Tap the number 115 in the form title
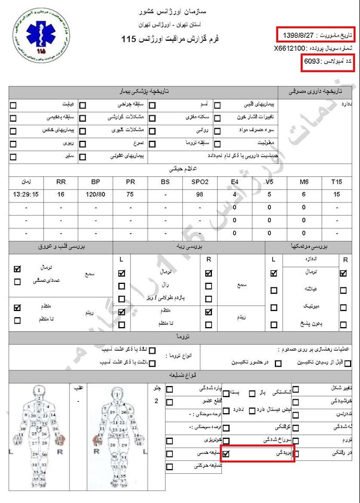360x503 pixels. click(x=128, y=39)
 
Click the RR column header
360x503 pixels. click(x=61, y=182)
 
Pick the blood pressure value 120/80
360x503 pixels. click(x=95, y=195)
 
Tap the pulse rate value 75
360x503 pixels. click(x=130, y=195)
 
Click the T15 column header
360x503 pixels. click(x=337, y=182)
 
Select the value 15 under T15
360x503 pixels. click(x=337, y=195)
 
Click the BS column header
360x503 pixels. click(x=165, y=182)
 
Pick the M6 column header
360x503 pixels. click(x=304, y=182)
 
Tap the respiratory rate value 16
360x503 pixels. click(x=61, y=195)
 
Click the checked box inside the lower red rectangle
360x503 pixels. click(x=226, y=454)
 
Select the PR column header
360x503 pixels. click(x=130, y=182)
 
